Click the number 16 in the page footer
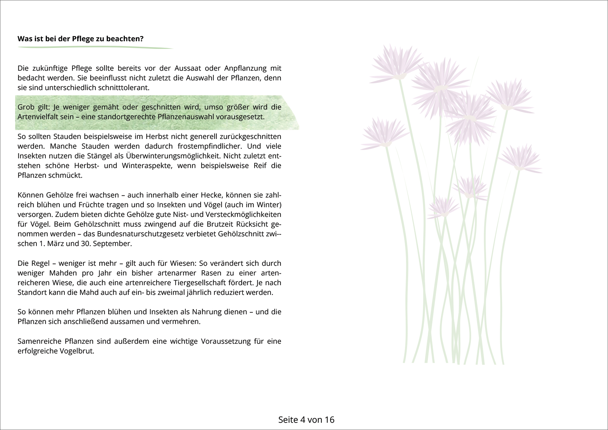[329, 420]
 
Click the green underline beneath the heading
[95, 47]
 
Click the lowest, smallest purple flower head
[443, 207]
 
